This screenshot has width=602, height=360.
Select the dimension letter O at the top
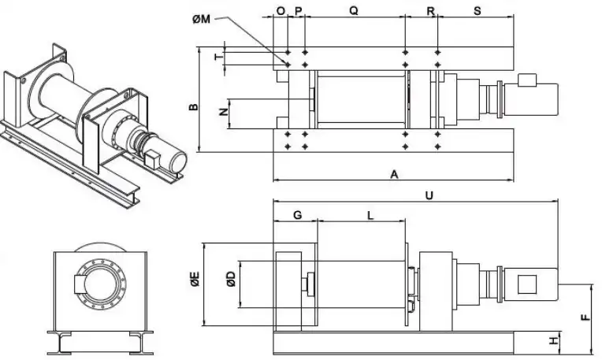pos(281,12)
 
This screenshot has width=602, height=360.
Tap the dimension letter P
pos(298,12)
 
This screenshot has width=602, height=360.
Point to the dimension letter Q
pos(354,12)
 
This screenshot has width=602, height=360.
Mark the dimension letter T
pos(219,57)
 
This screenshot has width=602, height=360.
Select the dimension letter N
pos(223,111)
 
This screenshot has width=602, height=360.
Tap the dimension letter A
pos(394,175)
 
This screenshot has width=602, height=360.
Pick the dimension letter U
pos(429,192)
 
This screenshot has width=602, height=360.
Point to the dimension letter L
pos(370,213)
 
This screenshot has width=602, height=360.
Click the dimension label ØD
pos(229,278)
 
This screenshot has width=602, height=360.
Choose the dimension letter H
pos(554,341)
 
